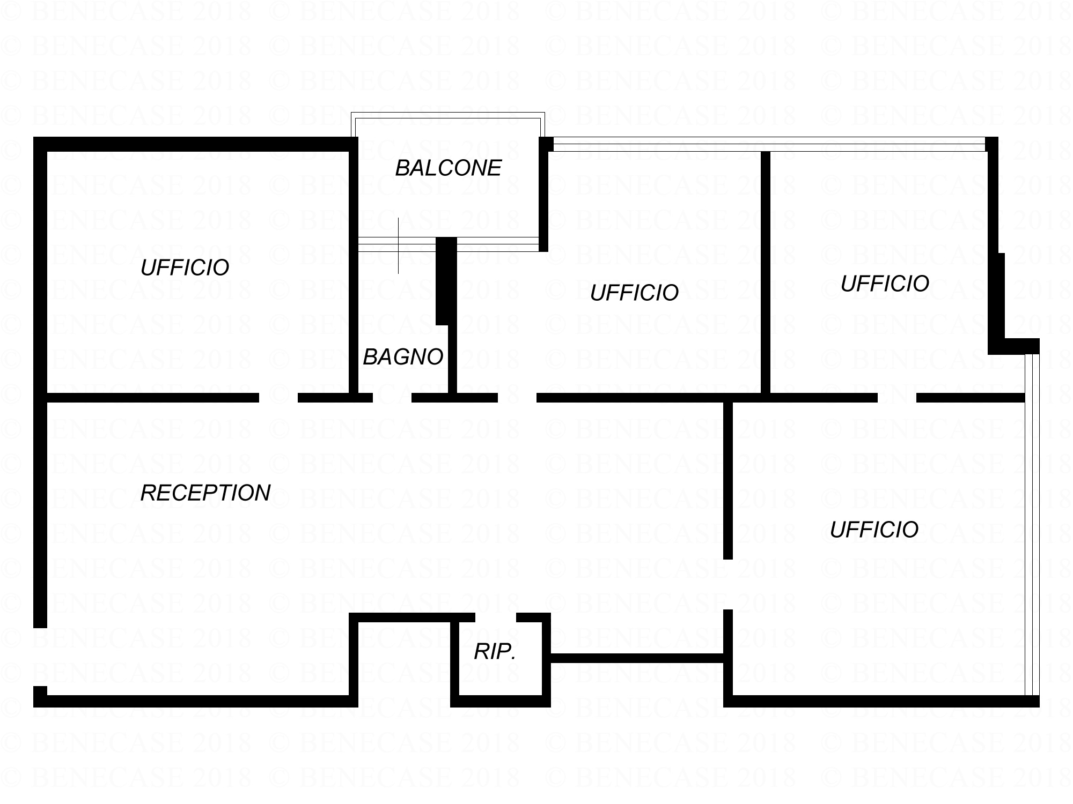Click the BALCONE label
point(448,168)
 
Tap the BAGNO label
point(403,357)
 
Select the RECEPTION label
point(205,493)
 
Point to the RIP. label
point(495,652)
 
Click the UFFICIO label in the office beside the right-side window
point(874,530)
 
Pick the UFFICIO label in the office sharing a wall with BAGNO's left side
point(185,267)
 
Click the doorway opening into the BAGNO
point(392,398)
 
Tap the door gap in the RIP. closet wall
point(496,617)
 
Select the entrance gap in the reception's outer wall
point(40,657)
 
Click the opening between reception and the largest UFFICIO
point(728,584)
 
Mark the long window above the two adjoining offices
point(769,144)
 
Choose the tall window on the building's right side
point(1032,525)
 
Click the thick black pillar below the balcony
point(446,281)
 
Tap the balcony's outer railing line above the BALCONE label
point(448,115)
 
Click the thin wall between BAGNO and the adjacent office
point(452,359)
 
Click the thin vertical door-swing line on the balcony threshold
point(398,246)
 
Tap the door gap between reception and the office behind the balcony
point(517,398)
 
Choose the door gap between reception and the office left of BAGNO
point(278,398)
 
